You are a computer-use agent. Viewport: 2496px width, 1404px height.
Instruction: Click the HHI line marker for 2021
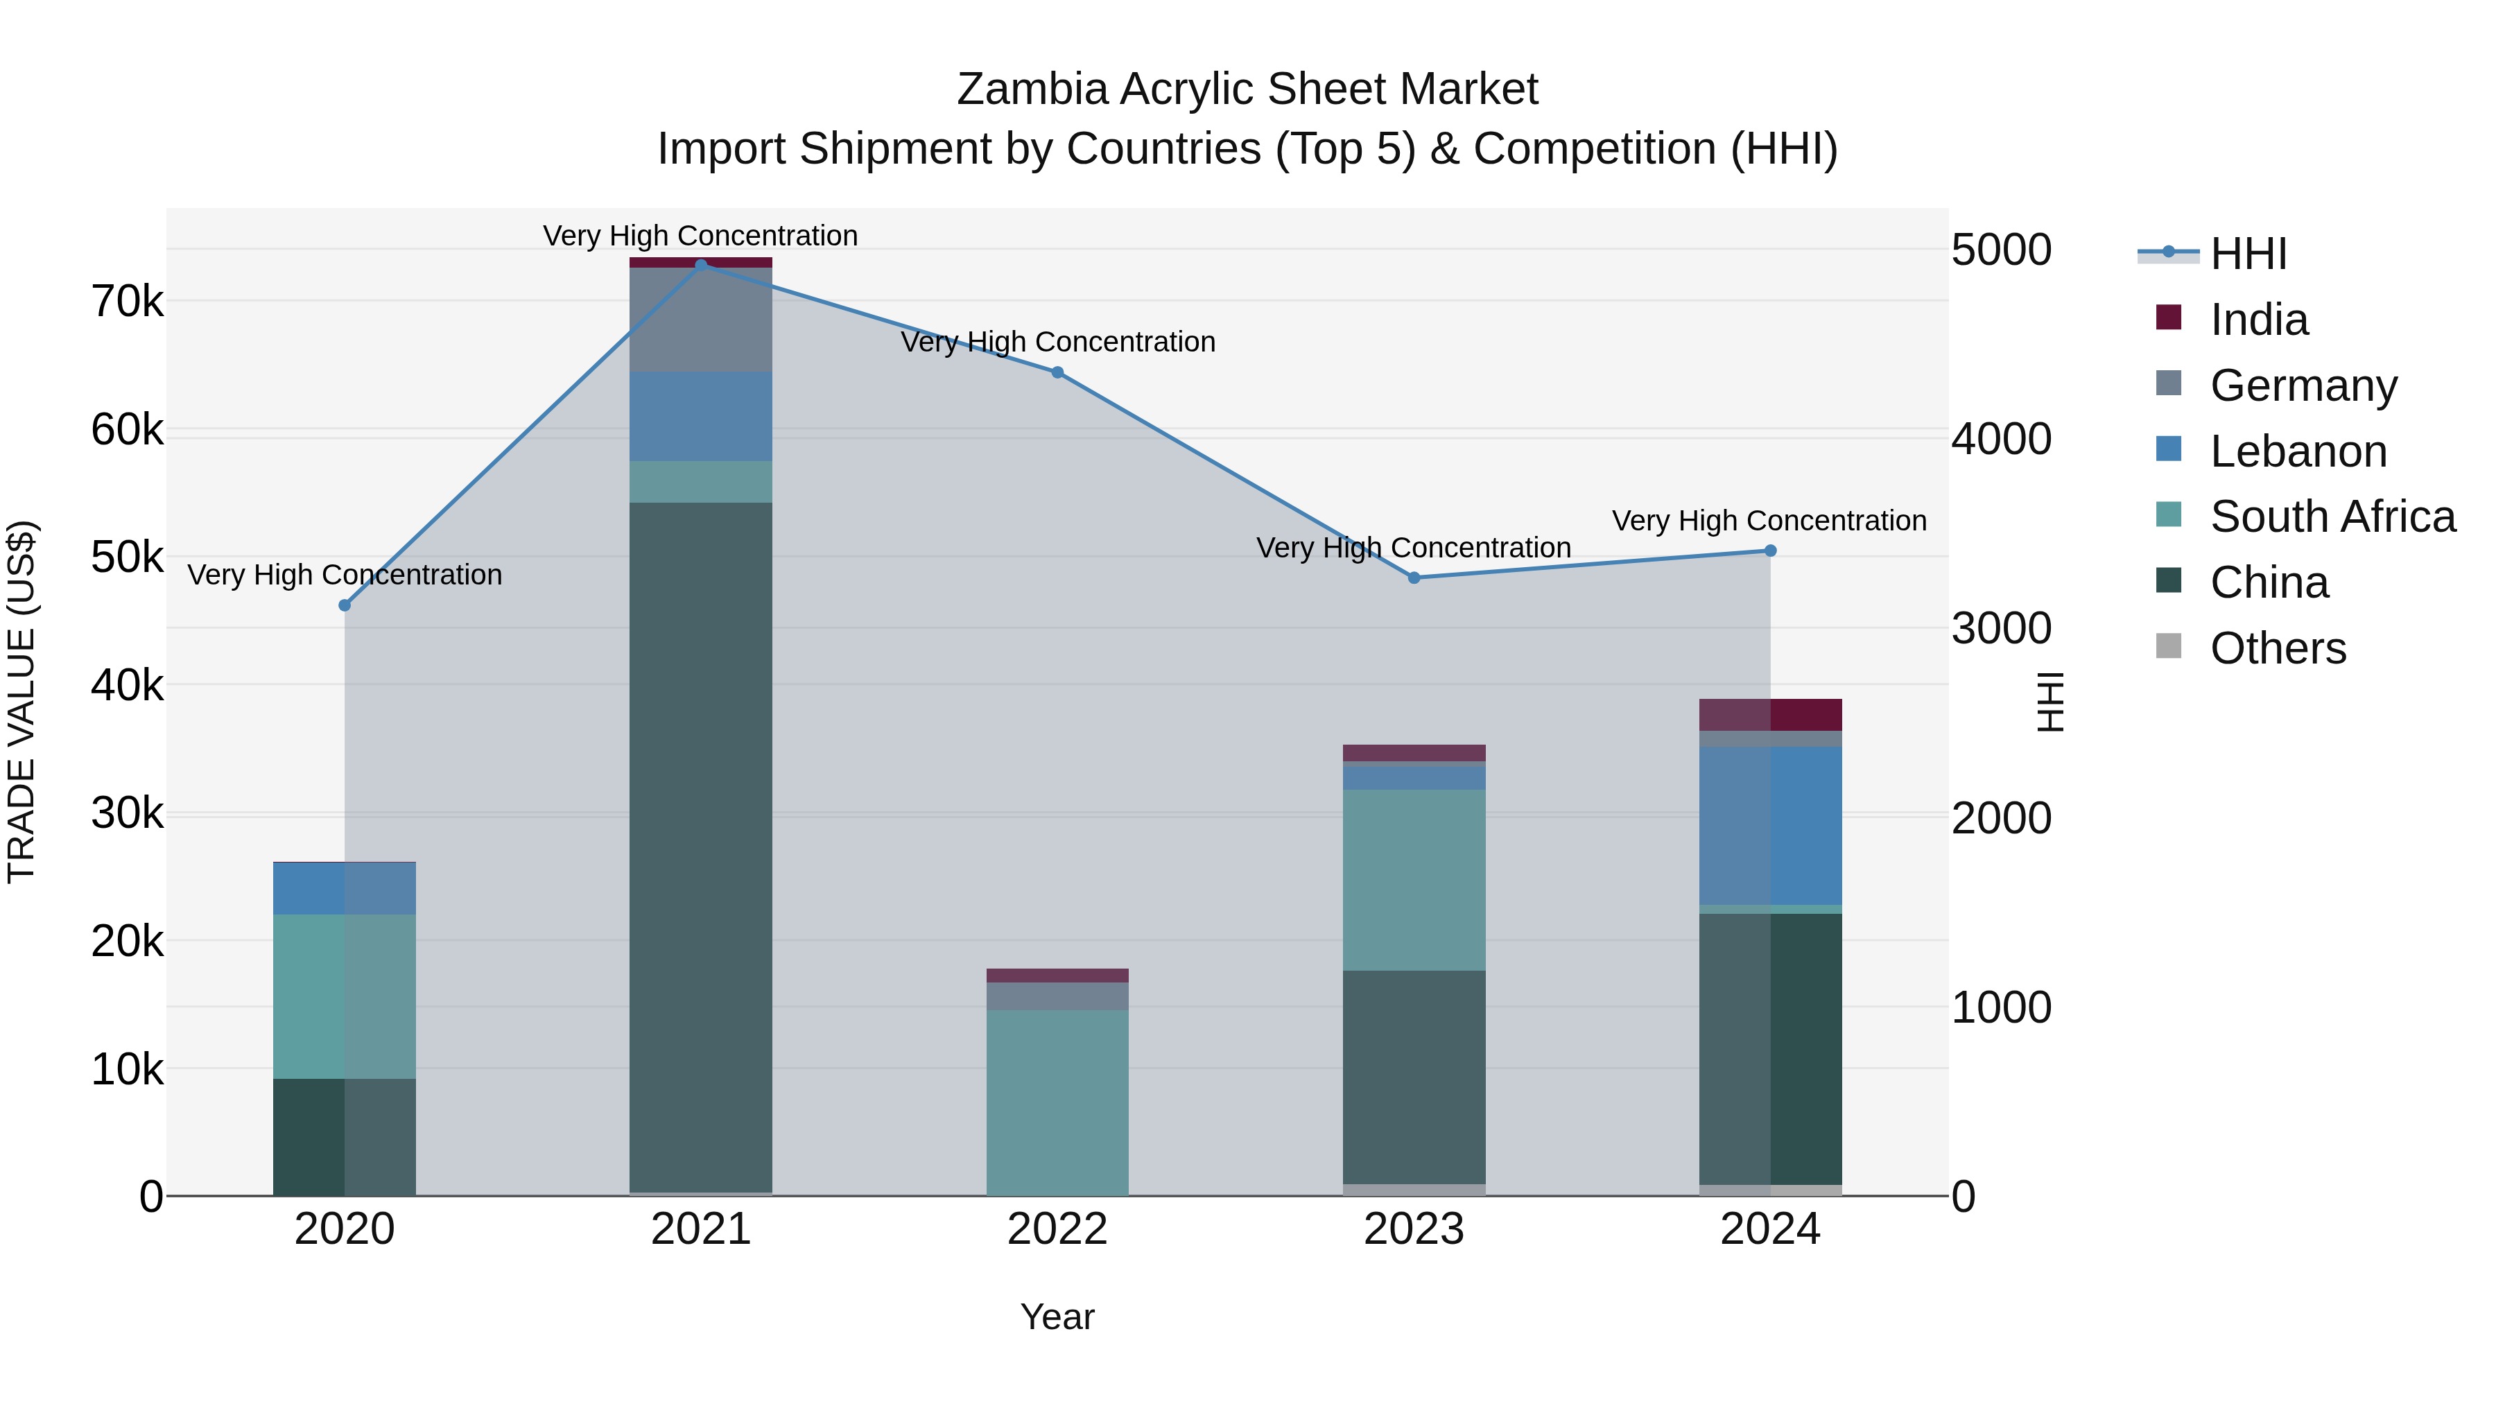pyautogui.click(x=700, y=265)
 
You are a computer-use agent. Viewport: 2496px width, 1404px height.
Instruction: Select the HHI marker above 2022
pyautogui.click(x=1057, y=372)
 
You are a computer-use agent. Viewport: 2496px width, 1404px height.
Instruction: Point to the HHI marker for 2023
pyautogui.click(x=1414, y=578)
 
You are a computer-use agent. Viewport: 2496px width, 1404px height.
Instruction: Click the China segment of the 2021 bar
pyautogui.click(x=700, y=843)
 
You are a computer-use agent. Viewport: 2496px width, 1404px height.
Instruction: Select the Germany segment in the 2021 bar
pyautogui.click(x=700, y=320)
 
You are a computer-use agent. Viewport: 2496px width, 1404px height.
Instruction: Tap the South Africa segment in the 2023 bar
pyautogui.click(x=1414, y=879)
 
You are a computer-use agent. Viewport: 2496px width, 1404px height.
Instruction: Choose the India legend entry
pyautogui.click(x=2257, y=320)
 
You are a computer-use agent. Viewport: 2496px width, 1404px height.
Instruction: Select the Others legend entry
pyautogui.click(x=2277, y=648)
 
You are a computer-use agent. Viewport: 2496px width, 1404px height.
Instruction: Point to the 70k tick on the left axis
pyautogui.click(x=127, y=302)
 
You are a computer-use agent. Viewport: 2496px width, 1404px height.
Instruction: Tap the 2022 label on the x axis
pyautogui.click(x=1057, y=1229)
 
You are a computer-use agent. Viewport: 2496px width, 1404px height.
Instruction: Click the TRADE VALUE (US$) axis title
pyautogui.click(x=21, y=702)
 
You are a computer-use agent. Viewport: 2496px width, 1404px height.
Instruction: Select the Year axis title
pyautogui.click(x=1057, y=1317)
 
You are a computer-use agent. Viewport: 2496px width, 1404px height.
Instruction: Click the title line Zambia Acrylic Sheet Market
pyautogui.click(x=1247, y=89)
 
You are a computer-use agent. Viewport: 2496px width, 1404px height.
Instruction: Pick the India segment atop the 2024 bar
pyautogui.click(x=1770, y=714)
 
